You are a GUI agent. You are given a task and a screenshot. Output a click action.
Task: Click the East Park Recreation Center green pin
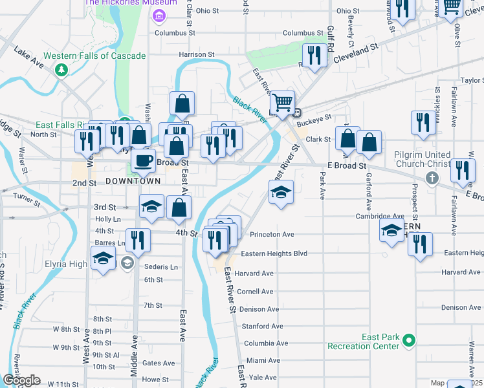[408, 340]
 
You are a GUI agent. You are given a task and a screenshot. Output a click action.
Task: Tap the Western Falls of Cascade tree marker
[62, 69]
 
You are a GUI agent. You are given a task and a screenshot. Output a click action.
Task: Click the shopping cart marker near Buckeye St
[282, 102]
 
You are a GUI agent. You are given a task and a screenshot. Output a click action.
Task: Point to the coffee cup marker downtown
[144, 160]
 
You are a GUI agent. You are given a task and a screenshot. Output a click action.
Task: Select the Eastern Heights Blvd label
[274, 253]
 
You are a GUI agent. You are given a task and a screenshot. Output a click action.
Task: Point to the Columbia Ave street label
[265, 343]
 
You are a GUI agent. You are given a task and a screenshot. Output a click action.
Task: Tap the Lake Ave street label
[28, 58]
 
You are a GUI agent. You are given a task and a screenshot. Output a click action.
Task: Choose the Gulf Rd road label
[329, 38]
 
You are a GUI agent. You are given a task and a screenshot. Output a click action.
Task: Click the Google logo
[21, 380]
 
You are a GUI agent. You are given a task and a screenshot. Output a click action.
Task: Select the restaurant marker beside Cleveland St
[315, 55]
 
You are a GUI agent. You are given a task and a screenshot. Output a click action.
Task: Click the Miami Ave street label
[263, 360]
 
